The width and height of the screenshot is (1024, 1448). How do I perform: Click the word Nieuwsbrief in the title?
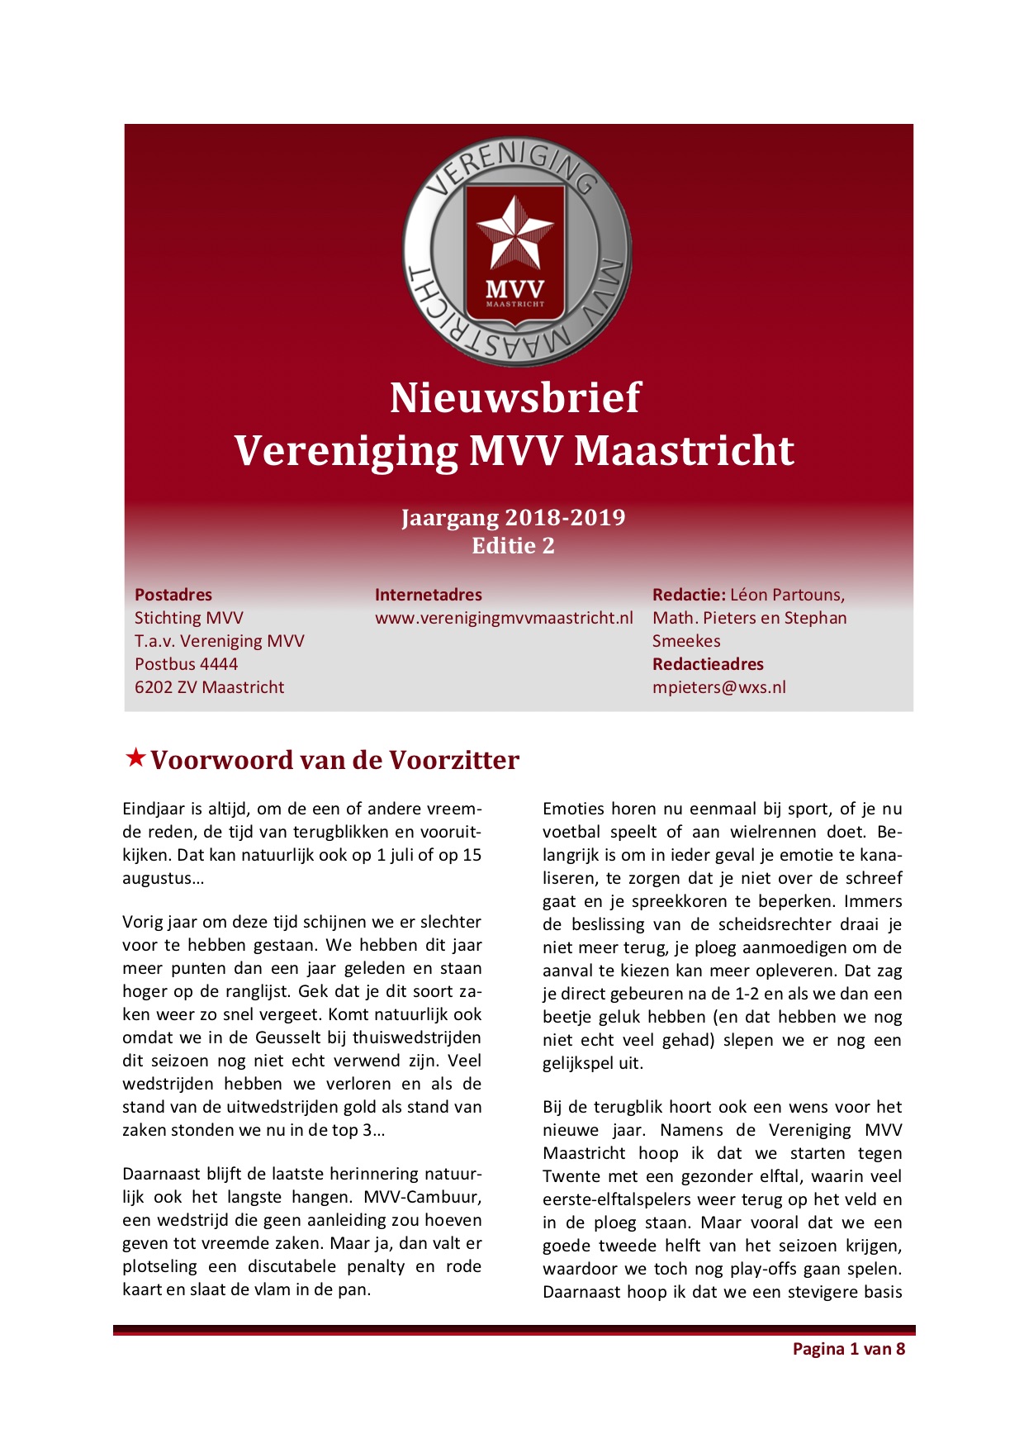(514, 398)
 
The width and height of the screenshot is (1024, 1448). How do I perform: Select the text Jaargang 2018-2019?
(513, 518)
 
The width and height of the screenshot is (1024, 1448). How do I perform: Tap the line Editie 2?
(513, 546)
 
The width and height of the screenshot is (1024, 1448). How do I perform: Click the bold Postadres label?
(173, 595)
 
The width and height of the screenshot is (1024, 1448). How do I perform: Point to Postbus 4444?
(186, 664)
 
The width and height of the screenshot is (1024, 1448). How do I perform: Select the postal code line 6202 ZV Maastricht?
(209, 687)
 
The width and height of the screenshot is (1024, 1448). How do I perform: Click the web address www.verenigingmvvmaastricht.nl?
(504, 618)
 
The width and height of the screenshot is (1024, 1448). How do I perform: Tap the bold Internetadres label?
(428, 595)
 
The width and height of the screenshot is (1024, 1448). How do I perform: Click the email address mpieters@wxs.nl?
(718, 687)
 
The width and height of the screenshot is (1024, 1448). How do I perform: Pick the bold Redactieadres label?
(708, 664)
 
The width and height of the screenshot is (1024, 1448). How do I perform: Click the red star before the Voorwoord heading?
(135, 757)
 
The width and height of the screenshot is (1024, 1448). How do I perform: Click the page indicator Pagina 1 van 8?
(848, 1349)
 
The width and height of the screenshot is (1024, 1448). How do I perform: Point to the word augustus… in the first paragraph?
(164, 879)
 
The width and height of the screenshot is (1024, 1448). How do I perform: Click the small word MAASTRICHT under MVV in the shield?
(514, 304)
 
